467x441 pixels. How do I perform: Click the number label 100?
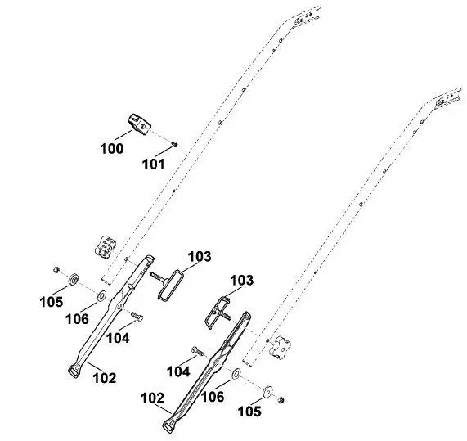112,149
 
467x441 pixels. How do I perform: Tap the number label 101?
154,164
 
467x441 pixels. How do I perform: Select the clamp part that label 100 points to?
139,124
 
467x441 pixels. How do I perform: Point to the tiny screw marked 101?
175,145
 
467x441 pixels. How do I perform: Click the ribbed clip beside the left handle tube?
106,247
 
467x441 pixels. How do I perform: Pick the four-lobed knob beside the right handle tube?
280,347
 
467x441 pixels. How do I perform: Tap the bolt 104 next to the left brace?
137,316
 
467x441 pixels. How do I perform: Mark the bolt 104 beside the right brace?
197,351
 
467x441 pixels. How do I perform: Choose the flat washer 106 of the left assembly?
102,295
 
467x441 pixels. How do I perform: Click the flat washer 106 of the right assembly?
236,374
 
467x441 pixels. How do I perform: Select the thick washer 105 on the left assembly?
73,279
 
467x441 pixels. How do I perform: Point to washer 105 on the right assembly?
267,392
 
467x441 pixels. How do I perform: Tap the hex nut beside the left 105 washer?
56,270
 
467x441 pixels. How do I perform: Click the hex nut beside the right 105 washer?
281,400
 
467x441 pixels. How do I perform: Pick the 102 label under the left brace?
104,379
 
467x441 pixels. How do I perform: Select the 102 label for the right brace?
152,398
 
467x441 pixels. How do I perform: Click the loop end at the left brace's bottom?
74,371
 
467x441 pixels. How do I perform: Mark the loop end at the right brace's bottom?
168,427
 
